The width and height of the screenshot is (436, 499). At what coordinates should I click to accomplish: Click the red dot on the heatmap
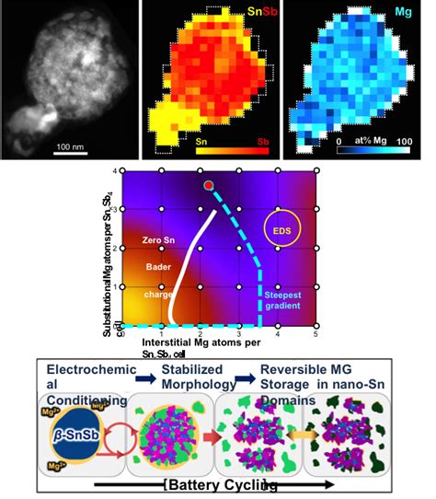click(209, 186)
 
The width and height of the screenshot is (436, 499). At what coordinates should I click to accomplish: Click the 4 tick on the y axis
click(116, 171)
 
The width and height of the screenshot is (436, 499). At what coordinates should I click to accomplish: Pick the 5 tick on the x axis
click(316, 337)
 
